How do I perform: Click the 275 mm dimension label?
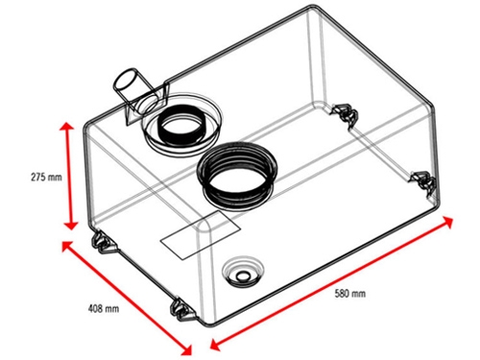click(46, 177)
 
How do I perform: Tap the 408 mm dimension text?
click(104, 309)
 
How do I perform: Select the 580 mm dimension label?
click(350, 294)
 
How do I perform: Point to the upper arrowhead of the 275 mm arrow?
click(67, 128)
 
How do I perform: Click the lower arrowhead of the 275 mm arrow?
click(71, 224)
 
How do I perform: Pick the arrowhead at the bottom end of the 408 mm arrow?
click(186, 349)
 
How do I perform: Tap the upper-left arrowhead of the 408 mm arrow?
click(67, 246)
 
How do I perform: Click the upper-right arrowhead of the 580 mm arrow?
click(447, 221)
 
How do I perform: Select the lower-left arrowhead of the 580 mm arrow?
click(216, 344)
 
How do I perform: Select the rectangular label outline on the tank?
click(200, 235)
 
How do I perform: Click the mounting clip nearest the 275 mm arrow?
click(103, 242)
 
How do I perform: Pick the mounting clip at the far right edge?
click(423, 182)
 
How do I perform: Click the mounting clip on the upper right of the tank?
click(344, 112)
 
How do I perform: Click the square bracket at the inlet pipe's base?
click(147, 104)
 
